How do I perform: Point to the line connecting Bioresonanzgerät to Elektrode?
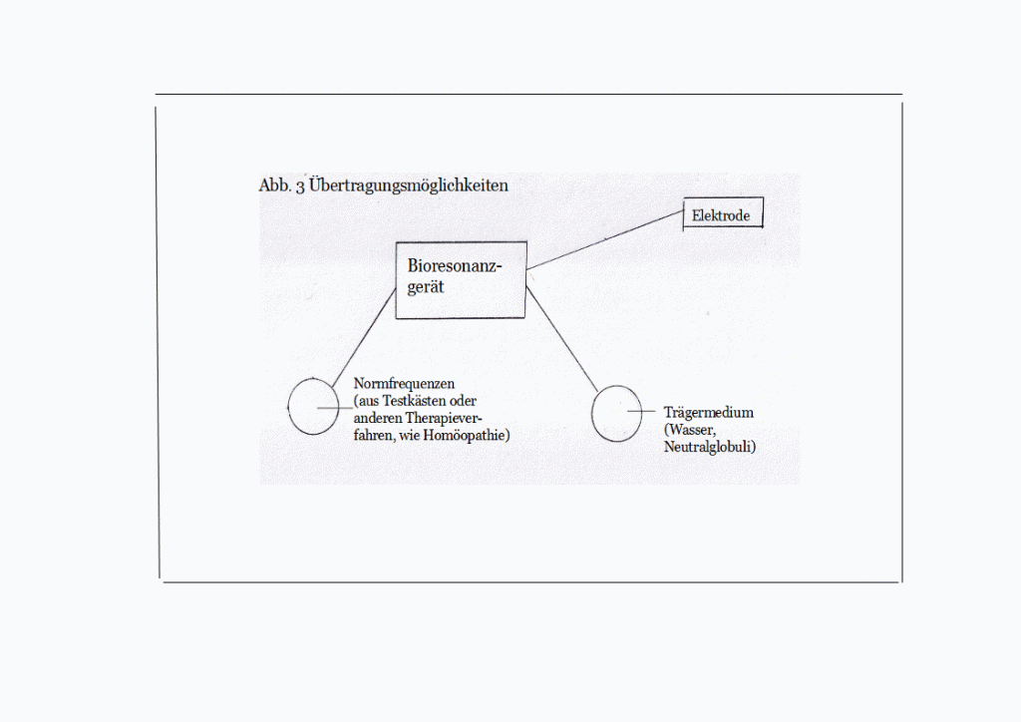(605, 239)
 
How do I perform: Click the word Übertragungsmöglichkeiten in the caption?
(408, 185)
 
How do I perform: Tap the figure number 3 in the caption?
(300, 186)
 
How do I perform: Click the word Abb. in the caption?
(274, 185)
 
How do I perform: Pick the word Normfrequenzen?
(404, 384)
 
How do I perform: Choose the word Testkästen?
(414, 400)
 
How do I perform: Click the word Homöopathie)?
(467, 435)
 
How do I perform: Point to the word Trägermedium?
(709, 413)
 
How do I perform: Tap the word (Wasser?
(690, 430)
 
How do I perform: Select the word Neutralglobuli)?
(710, 447)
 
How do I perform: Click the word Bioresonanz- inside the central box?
(455, 265)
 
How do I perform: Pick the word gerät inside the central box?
(425, 287)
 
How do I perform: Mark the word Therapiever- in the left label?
(444, 418)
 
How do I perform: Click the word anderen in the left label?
(378, 418)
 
